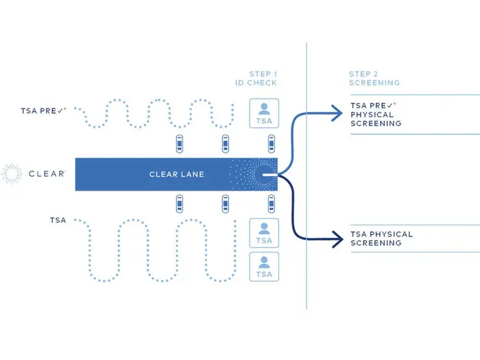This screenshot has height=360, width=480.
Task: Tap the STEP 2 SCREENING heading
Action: pos(374,78)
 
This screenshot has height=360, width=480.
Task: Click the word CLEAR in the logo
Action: pos(47,174)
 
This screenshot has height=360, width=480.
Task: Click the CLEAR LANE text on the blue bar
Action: pos(177,174)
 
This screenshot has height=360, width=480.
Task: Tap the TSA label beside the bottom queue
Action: pos(58,220)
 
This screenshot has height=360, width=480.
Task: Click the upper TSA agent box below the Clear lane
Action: pos(264,233)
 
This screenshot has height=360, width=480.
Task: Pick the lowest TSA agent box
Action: pos(264,267)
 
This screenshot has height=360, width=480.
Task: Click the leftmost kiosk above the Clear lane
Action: pos(180,144)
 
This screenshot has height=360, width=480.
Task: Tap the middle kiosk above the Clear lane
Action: pos(225,144)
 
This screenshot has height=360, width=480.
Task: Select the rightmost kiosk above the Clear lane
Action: pos(272,144)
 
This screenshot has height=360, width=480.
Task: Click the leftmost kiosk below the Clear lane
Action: pos(180,204)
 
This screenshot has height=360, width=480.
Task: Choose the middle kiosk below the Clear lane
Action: pos(225,204)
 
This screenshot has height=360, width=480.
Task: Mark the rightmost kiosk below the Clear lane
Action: pos(272,204)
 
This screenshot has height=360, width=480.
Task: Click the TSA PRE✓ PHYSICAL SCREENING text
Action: pos(376,115)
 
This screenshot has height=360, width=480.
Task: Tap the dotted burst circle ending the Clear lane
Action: pos(265,174)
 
